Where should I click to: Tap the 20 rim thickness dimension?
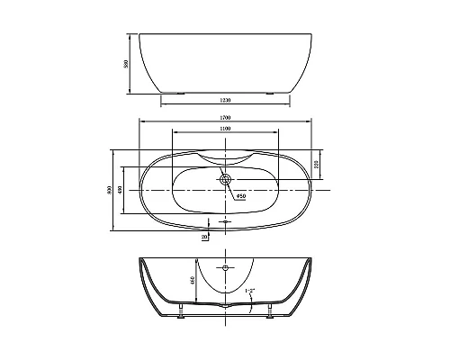coord(205,236)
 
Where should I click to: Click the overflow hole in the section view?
coord(225,268)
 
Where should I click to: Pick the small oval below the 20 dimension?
coord(225,220)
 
